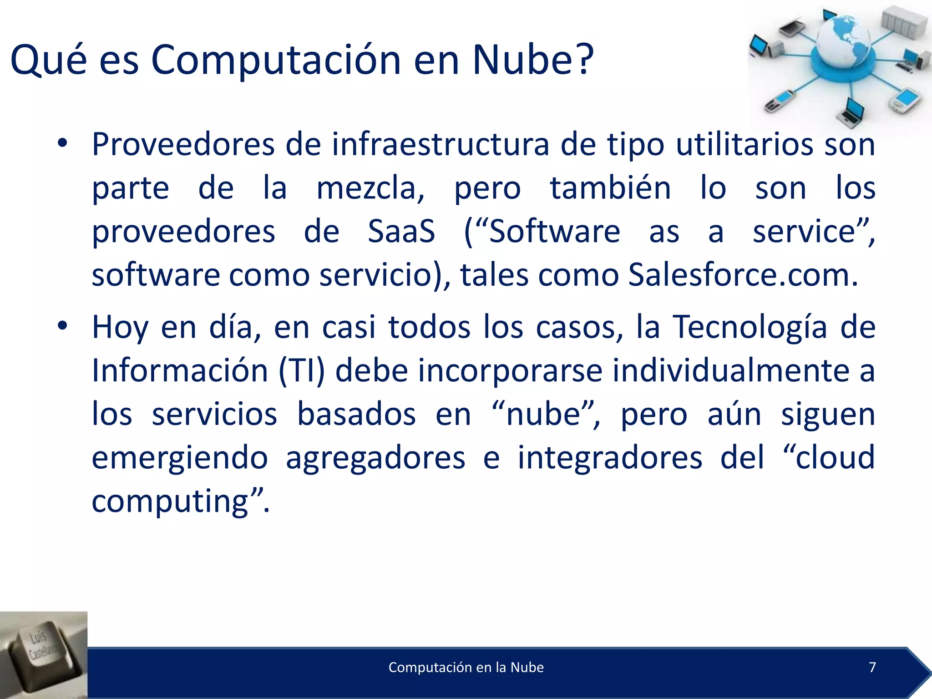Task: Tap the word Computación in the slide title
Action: click(x=276, y=61)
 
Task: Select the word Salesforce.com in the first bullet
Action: click(x=743, y=275)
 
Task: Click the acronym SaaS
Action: click(x=401, y=231)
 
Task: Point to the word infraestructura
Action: click(x=440, y=145)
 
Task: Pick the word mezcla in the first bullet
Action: click(x=370, y=188)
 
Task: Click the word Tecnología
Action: click(x=750, y=328)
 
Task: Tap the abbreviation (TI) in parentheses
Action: click(x=302, y=370)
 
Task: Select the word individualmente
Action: click(x=731, y=370)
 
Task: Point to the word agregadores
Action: click(x=375, y=458)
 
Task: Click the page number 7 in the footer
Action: click(x=872, y=667)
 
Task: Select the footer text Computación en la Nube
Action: click(x=466, y=668)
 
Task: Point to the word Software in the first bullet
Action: click(x=554, y=231)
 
